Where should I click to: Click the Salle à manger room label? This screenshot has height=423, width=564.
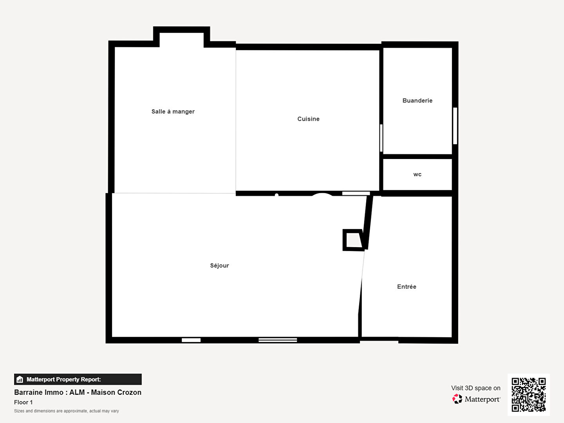click(x=173, y=112)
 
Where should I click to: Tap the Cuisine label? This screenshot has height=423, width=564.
click(x=308, y=119)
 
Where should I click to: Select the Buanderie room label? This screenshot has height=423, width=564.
click(x=417, y=100)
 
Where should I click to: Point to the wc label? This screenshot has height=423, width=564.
click(x=417, y=174)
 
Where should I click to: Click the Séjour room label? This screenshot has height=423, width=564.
click(x=219, y=266)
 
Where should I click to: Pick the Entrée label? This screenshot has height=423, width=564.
click(x=407, y=287)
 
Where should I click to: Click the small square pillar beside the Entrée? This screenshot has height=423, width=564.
click(x=353, y=240)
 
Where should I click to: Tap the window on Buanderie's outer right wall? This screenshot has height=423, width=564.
click(x=455, y=126)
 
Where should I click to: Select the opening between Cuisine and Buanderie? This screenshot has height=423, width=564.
click(x=381, y=138)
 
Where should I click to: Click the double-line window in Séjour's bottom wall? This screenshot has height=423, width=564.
click(x=278, y=340)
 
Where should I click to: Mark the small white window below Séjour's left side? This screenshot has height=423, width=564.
click(x=191, y=340)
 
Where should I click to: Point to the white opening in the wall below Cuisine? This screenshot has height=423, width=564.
click(x=356, y=193)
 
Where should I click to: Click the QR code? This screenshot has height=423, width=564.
click(x=528, y=394)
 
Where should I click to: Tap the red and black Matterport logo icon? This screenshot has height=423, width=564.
click(x=457, y=399)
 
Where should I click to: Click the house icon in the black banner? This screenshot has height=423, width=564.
click(x=20, y=380)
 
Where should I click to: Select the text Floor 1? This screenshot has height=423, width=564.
click(x=23, y=402)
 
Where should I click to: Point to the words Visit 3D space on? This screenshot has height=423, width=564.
click(x=475, y=388)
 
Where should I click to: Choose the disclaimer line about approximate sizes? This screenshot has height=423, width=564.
click(x=67, y=411)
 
